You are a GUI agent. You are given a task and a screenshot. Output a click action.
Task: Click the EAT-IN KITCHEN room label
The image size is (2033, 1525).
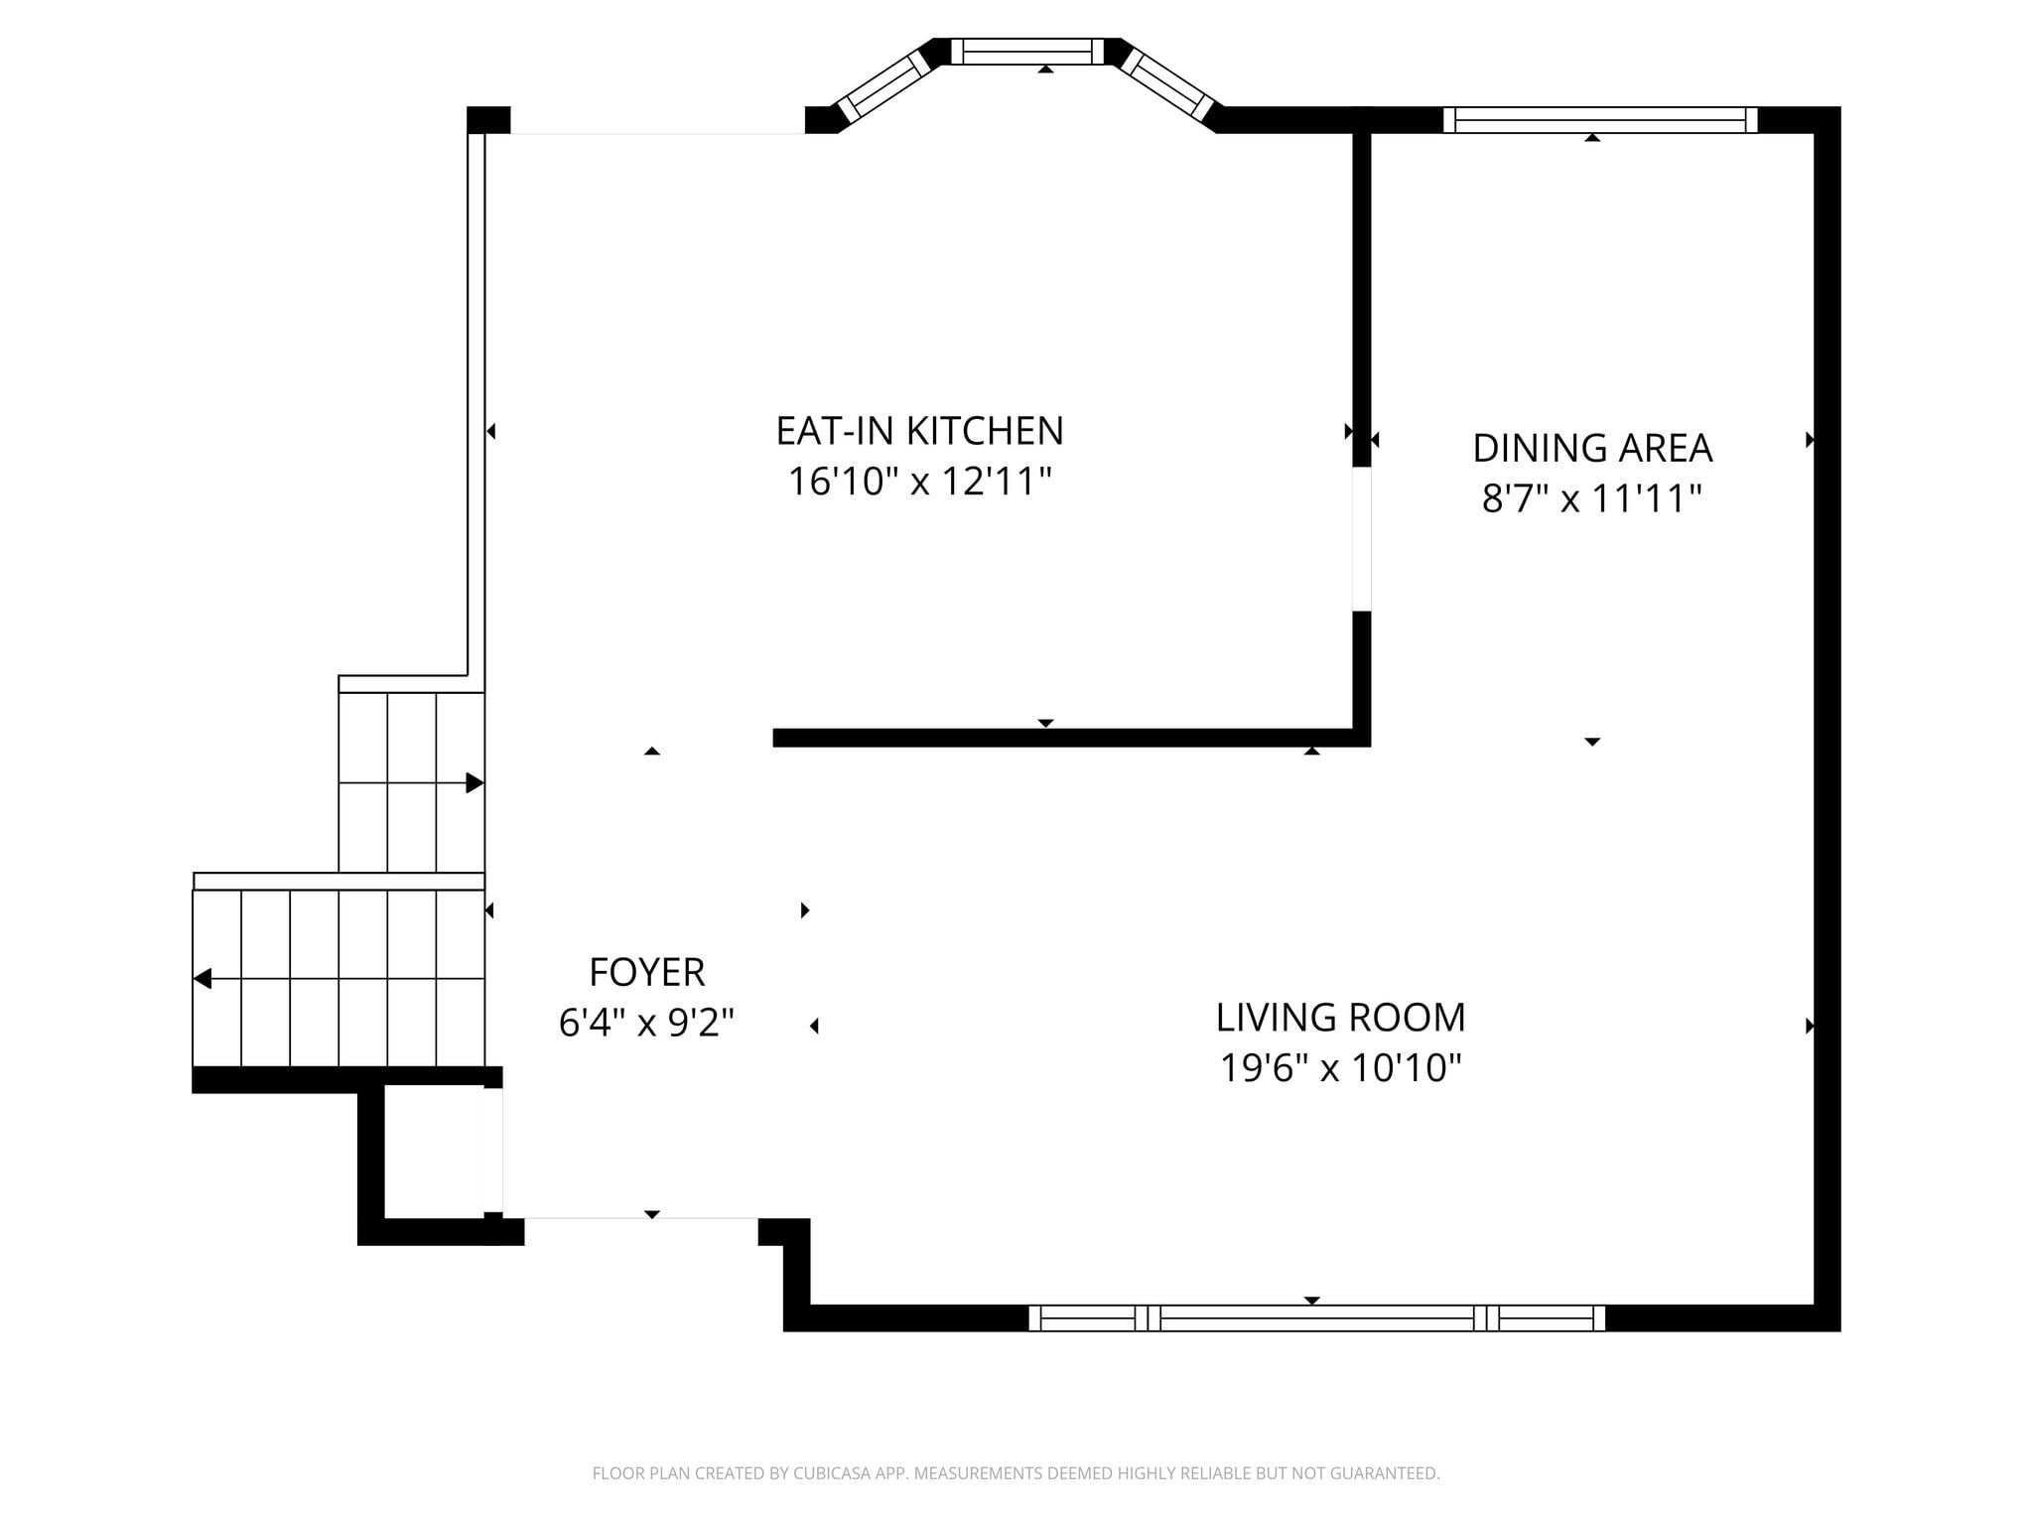pyautogui.click(x=919, y=431)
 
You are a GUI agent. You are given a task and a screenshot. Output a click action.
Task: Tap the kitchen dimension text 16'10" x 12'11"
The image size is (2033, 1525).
pyautogui.click(x=919, y=482)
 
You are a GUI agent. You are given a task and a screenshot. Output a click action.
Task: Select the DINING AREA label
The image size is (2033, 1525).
pyautogui.click(x=1592, y=448)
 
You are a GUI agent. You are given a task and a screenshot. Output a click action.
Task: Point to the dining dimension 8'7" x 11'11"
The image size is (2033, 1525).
pyautogui.click(x=1592, y=498)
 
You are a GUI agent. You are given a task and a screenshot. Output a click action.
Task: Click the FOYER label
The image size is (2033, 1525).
pyautogui.click(x=647, y=972)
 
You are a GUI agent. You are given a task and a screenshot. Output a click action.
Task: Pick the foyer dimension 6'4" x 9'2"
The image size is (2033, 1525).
pyautogui.click(x=647, y=1022)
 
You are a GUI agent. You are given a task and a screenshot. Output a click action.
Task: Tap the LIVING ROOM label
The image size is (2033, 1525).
pyautogui.click(x=1340, y=1018)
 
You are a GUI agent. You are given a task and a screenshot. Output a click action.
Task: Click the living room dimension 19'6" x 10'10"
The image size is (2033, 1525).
pyautogui.click(x=1340, y=1068)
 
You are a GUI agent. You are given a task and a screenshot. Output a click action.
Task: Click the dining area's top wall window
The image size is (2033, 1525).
pyautogui.click(x=1600, y=120)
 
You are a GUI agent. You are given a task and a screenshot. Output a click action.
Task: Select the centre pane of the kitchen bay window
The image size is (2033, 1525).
pyautogui.click(x=1027, y=52)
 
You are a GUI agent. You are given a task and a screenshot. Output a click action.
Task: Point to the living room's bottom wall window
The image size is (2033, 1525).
pyautogui.click(x=1316, y=1318)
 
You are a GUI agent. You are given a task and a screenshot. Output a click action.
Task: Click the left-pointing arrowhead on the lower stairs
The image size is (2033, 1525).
pyautogui.click(x=202, y=979)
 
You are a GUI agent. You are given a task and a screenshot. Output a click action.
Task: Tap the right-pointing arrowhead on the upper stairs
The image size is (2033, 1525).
pyautogui.click(x=475, y=783)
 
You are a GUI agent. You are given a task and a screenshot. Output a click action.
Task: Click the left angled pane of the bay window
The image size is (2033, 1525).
pyautogui.click(x=883, y=86)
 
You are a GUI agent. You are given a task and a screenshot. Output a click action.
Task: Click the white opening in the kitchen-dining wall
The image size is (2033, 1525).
pyautogui.click(x=1362, y=539)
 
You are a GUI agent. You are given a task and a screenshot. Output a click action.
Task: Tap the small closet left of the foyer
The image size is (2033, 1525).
pyautogui.click(x=434, y=1152)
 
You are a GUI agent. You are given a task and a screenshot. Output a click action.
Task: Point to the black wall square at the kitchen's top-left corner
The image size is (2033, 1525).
pyautogui.click(x=488, y=120)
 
